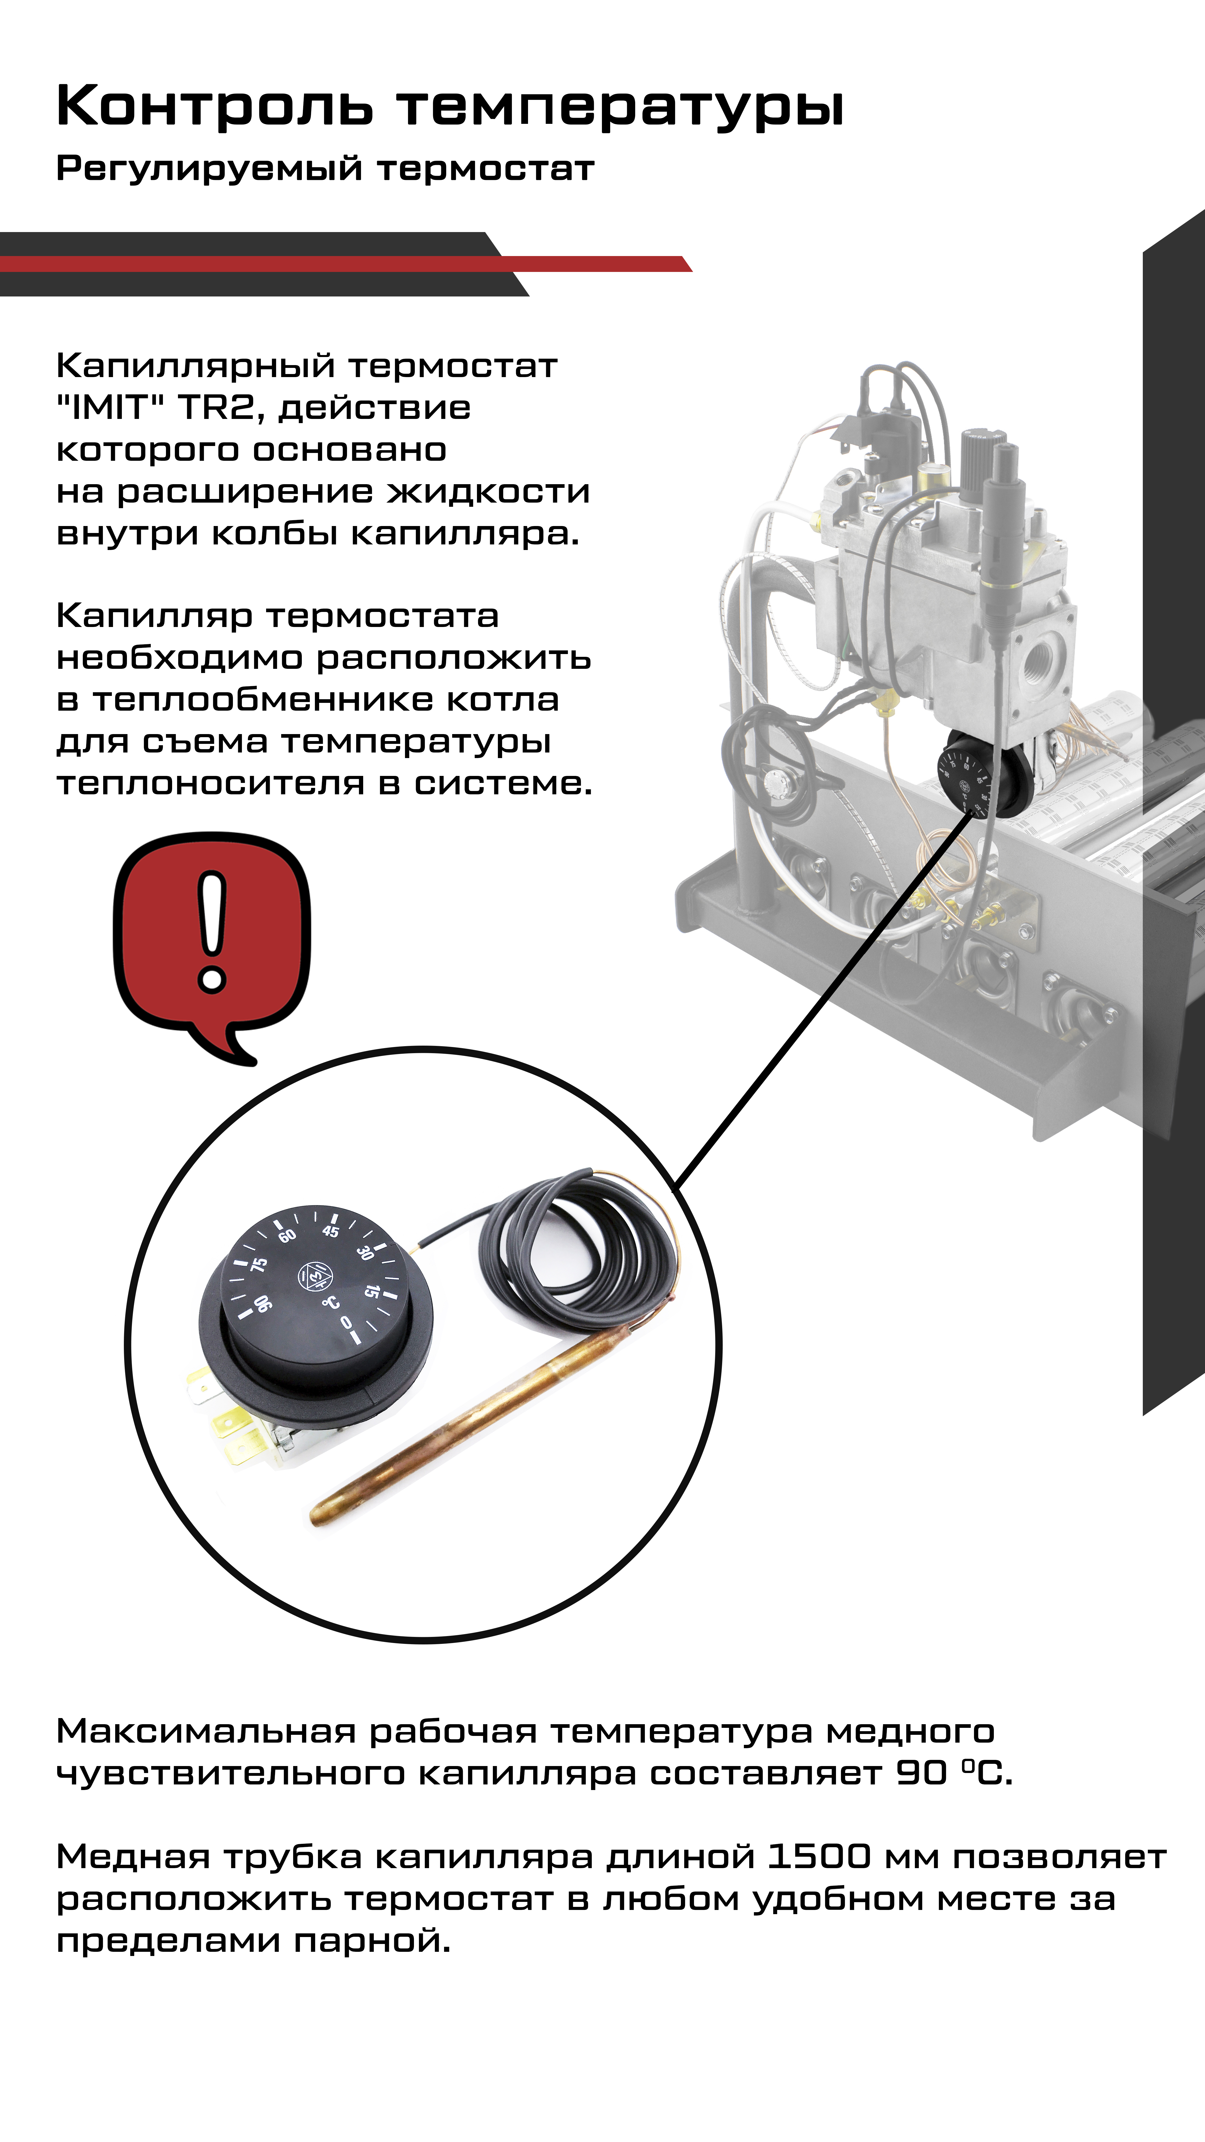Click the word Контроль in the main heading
pos(215,107)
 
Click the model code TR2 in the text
pos(219,407)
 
